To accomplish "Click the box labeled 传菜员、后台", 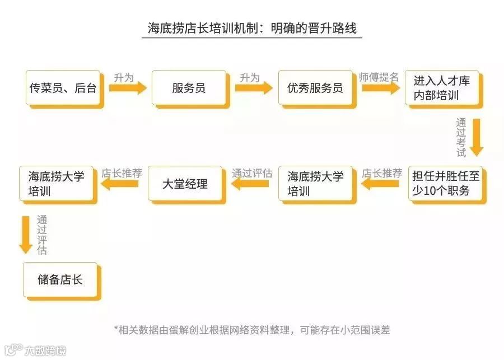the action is tap(63, 87).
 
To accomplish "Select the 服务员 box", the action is tap(189, 87).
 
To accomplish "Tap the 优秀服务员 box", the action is tap(315, 87).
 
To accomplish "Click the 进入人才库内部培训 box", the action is tap(442, 87).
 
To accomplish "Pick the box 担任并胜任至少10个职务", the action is tap(446, 183).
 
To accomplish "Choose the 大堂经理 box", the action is tap(185, 183).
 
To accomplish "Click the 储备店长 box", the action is tap(60, 279).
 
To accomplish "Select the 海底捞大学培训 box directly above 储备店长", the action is tap(56, 183).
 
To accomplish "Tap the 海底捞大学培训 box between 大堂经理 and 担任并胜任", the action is tap(315, 183).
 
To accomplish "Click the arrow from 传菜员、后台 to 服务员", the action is tap(128, 88).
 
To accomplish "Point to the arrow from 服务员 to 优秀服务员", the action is tap(254, 88).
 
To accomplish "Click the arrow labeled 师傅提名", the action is tap(381, 88).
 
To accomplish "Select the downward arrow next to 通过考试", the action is tap(476, 137).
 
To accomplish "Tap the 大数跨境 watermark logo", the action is tap(34, 350).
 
